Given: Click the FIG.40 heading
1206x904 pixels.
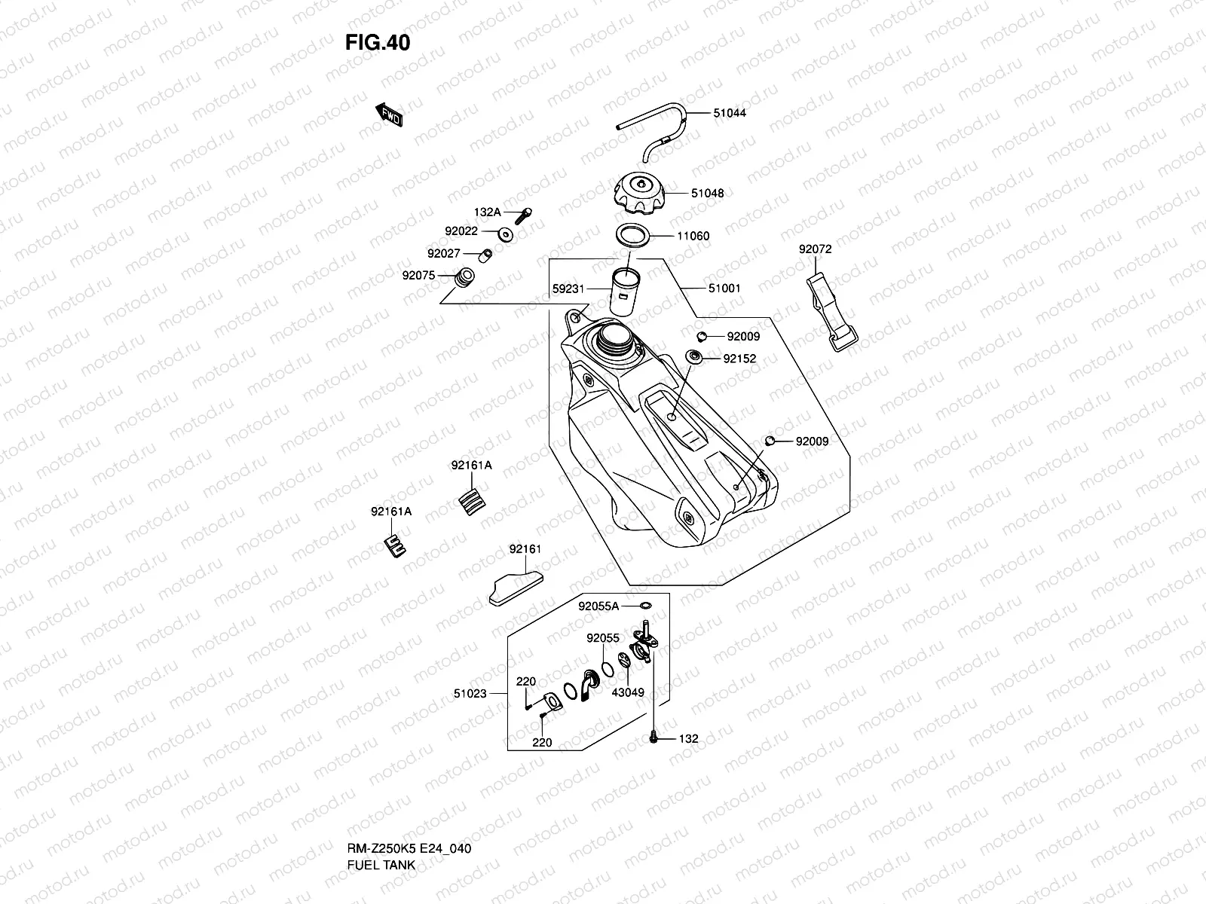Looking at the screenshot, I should pyautogui.click(x=378, y=43).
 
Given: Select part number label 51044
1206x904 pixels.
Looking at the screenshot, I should pyautogui.click(x=730, y=113).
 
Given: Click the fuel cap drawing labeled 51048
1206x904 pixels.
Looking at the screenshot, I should pyautogui.click(x=638, y=193).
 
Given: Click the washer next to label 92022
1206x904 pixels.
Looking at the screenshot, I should pyautogui.click(x=506, y=234).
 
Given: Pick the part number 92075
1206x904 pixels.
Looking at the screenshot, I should pyautogui.click(x=418, y=275).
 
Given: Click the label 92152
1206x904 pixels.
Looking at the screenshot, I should pyautogui.click(x=739, y=359).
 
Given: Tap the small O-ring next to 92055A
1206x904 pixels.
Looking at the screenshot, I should pyautogui.click(x=646, y=605).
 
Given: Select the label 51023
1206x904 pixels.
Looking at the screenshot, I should pyautogui.click(x=470, y=693).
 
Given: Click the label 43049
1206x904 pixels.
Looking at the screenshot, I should pyautogui.click(x=628, y=692).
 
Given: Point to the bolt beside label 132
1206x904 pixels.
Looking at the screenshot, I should pyautogui.click(x=653, y=738).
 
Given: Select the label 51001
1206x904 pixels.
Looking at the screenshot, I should pyautogui.click(x=724, y=288).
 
